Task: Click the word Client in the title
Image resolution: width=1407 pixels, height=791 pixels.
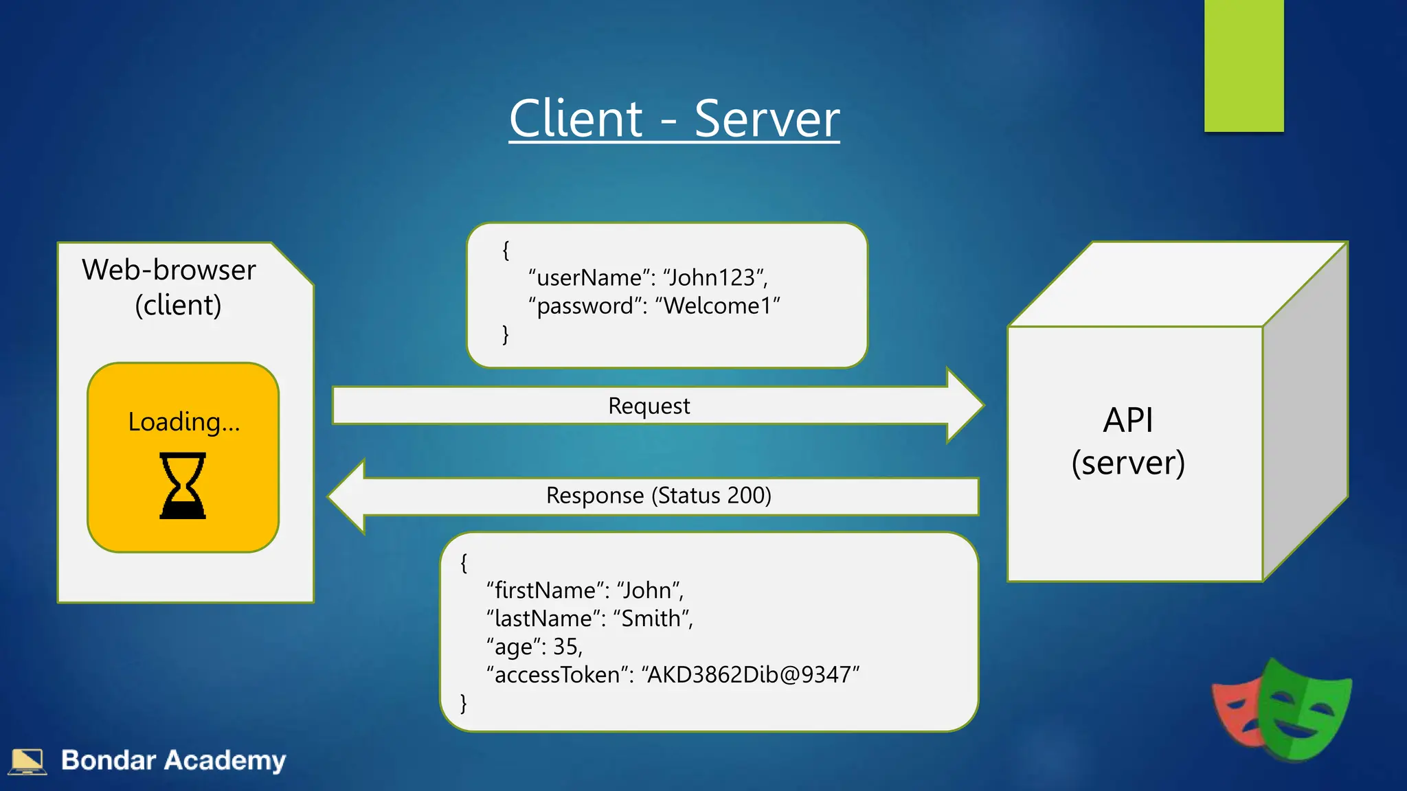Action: (x=576, y=119)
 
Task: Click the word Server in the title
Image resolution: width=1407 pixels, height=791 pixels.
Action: (x=766, y=119)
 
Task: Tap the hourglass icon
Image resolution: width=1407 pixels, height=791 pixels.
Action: (x=183, y=485)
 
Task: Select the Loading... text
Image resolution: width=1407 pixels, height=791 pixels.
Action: (x=184, y=422)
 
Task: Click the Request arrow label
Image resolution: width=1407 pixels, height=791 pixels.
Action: (x=649, y=406)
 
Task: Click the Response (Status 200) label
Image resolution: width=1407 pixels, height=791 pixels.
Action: (x=658, y=495)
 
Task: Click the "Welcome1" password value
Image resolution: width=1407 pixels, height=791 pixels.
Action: (x=717, y=306)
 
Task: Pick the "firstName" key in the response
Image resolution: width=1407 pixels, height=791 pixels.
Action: (x=541, y=591)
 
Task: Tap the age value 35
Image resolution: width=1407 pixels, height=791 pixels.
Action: (x=566, y=647)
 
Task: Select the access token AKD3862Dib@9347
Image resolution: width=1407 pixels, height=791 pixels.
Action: (x=750, y=675)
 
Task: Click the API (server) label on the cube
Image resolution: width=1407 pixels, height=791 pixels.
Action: (x=1128, y=441)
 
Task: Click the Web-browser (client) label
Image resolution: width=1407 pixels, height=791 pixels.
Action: (x=169, y=287)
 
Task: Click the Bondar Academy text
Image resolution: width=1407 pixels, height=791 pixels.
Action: (x=173, y=760)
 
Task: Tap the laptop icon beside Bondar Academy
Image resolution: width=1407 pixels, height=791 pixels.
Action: (x=27, y=761)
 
